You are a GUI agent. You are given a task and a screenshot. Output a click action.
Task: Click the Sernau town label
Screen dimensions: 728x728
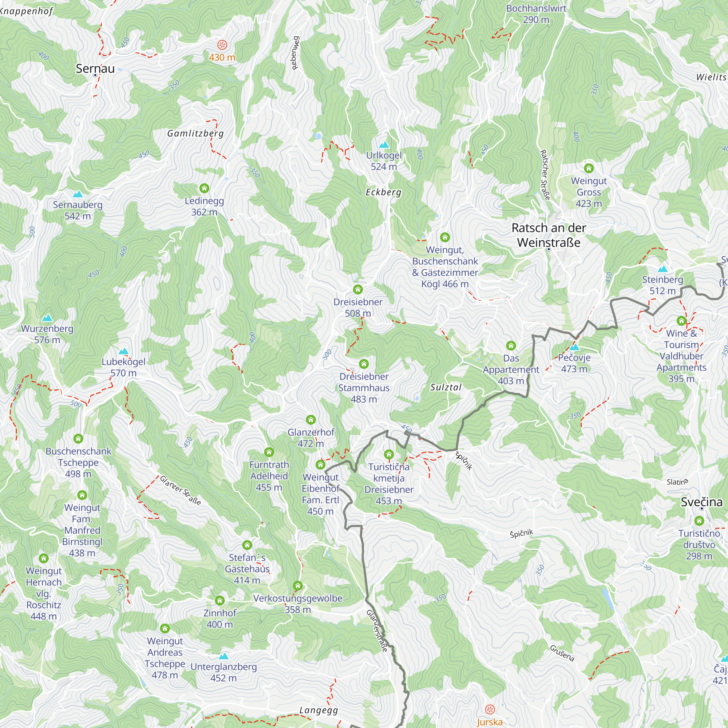point(95,68)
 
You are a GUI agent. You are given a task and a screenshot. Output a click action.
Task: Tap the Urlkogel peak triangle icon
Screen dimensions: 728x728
point(384,145)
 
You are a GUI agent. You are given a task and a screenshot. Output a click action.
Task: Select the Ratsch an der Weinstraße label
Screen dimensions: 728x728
point(549,235)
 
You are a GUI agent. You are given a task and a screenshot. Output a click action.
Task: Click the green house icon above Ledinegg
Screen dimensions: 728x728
point(204,188)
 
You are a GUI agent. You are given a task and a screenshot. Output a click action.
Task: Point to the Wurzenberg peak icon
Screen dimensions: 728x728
point(47,318)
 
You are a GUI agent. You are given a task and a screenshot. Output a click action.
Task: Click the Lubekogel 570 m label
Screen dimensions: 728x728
point(124,367)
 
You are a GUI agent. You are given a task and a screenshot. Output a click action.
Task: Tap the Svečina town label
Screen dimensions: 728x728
point(702,502)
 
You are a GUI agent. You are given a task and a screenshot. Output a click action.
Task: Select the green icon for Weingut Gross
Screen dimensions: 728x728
point(589,168)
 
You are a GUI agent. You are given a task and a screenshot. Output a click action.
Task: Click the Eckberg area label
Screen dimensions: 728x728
point(384,192)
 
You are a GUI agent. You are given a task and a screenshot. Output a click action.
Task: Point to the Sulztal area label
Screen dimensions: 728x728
point(446,387)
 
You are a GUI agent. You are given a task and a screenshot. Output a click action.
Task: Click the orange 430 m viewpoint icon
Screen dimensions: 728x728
point(222,45)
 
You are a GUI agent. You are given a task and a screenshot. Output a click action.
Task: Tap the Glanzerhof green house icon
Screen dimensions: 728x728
point(311,420)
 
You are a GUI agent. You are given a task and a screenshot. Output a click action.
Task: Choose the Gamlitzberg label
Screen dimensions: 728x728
point(195,133)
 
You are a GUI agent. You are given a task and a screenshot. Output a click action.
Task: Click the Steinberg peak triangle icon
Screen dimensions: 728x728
point(662,269)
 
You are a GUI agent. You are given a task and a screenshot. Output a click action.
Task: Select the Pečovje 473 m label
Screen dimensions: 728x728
point(574,363)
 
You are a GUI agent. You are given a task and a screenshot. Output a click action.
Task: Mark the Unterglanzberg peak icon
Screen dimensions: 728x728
point(223,656)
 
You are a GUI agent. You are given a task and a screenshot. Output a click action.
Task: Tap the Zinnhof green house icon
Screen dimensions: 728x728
point(220,601)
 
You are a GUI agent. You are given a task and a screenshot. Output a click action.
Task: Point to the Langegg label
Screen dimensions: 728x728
point(318,710)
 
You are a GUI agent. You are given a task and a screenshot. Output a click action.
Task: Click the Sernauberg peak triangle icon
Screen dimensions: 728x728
point(78,194)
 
